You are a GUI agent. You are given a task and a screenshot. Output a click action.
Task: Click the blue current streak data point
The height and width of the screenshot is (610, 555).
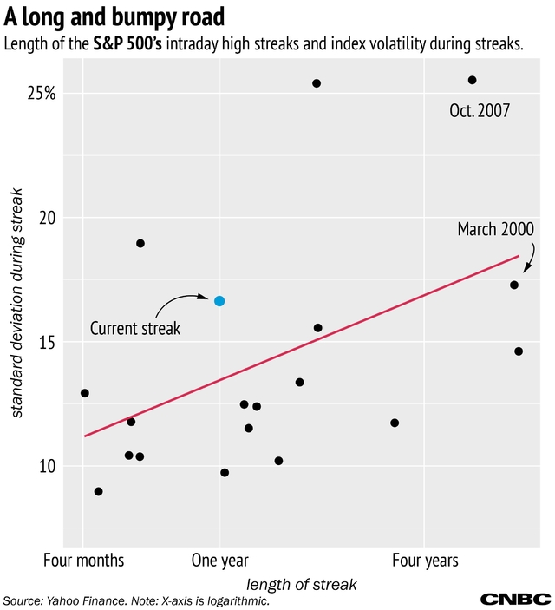(219, 300)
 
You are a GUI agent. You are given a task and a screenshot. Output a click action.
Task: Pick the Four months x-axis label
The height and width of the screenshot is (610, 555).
(83, 561)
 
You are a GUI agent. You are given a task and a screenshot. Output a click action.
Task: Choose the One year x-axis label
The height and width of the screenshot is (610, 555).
(219, 561)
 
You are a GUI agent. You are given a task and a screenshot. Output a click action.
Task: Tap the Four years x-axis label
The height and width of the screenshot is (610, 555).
(425, 561)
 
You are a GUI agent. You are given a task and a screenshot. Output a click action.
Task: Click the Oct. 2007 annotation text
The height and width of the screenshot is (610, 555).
(479, 111)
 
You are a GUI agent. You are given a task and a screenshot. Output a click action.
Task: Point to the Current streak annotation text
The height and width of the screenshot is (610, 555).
(135, 329)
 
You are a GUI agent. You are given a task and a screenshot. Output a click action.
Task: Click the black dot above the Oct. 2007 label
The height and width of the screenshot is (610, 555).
(472, 80)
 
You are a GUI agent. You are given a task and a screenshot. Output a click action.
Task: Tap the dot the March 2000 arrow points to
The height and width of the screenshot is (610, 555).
(514, 285)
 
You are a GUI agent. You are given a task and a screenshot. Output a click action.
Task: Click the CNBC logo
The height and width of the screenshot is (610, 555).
(516, 599)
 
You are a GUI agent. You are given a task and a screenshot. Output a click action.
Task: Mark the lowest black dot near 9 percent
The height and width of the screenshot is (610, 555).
(98, 491)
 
